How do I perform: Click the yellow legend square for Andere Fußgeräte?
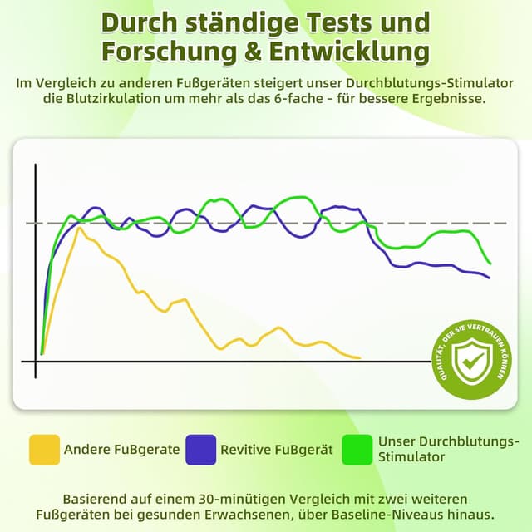[x=44, y=449]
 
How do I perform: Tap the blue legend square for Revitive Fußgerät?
[x=201, y=449]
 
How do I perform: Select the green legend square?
[x=358, y=449]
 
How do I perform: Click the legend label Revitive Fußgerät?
[x=277, y=450]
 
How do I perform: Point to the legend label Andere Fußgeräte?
[x=121, y=450]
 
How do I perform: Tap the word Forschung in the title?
[x=161, y=51]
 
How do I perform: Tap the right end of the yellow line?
[x=360, y=357]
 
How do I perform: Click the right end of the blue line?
[x=489, y=278]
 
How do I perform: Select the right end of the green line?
[x=490, y=264]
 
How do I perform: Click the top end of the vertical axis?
[x=36, y=166]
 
